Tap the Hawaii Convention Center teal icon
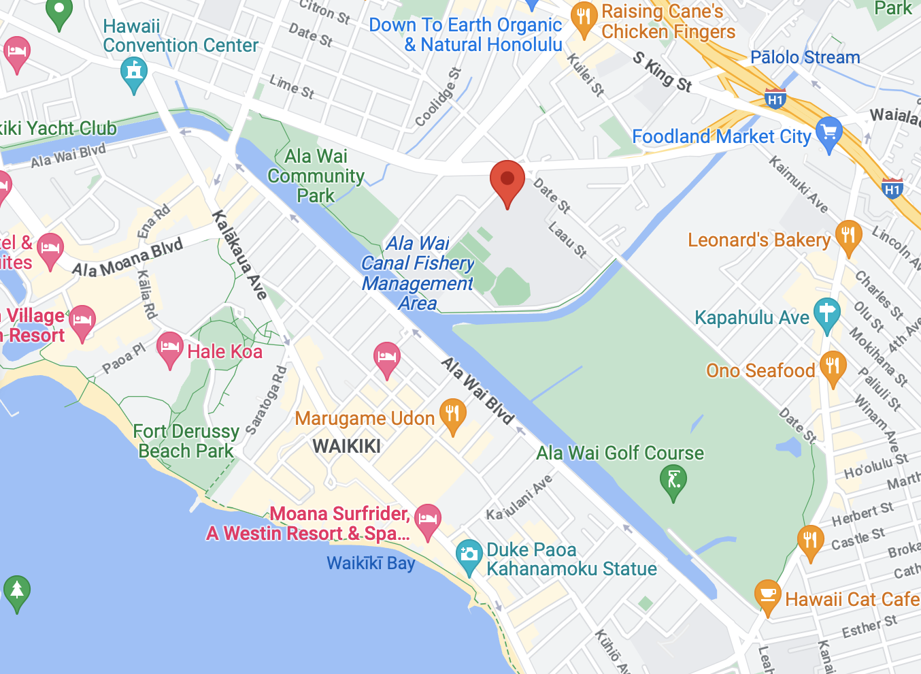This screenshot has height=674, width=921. (x=134, y=71)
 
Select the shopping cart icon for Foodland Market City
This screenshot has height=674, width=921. (x=829, y=131)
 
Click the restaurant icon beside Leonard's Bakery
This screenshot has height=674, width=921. (x=848, y=236)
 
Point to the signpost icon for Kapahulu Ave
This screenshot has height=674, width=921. (x=826, y=313)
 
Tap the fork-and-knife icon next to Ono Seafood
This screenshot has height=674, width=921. (x=833, y=366)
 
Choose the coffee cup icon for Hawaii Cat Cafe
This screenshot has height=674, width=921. (x=768, y=594)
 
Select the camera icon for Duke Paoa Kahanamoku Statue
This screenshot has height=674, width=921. (x=469, y=555)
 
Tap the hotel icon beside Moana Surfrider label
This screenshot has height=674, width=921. (x=428, y=519)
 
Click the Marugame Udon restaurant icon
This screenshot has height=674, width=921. (x=452, y=413)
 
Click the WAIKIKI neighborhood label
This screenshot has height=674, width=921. (x=347, y=447)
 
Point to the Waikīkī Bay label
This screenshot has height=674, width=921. (x=371, y=563)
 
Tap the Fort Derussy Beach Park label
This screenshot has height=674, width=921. (x=186, y=441)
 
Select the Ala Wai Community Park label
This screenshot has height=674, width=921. (x=316, y=176)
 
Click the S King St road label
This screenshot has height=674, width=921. (x=662, y=71)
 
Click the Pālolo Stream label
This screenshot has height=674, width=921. (x=805, y=57)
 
